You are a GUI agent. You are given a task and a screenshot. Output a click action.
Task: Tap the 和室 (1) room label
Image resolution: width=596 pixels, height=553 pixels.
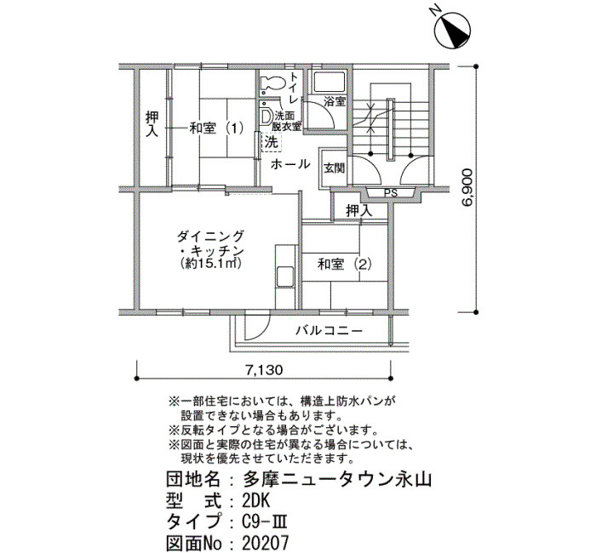216,128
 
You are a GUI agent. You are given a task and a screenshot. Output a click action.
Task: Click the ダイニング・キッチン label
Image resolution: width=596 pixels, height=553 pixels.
212,244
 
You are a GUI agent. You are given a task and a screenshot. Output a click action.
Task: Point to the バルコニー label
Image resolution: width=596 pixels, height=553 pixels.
330,330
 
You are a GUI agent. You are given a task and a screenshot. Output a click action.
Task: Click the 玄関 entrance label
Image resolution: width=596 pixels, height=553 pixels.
334,168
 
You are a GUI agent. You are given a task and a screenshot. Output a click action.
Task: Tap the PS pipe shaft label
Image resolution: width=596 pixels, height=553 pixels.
391,193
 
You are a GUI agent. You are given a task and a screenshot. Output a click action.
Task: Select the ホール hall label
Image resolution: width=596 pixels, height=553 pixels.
290,164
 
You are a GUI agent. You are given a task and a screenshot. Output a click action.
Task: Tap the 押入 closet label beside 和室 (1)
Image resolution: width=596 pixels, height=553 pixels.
152,124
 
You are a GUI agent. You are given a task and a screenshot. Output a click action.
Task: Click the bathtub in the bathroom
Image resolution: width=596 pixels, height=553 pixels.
327,83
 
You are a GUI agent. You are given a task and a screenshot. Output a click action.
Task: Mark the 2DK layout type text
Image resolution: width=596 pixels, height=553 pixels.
256,499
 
